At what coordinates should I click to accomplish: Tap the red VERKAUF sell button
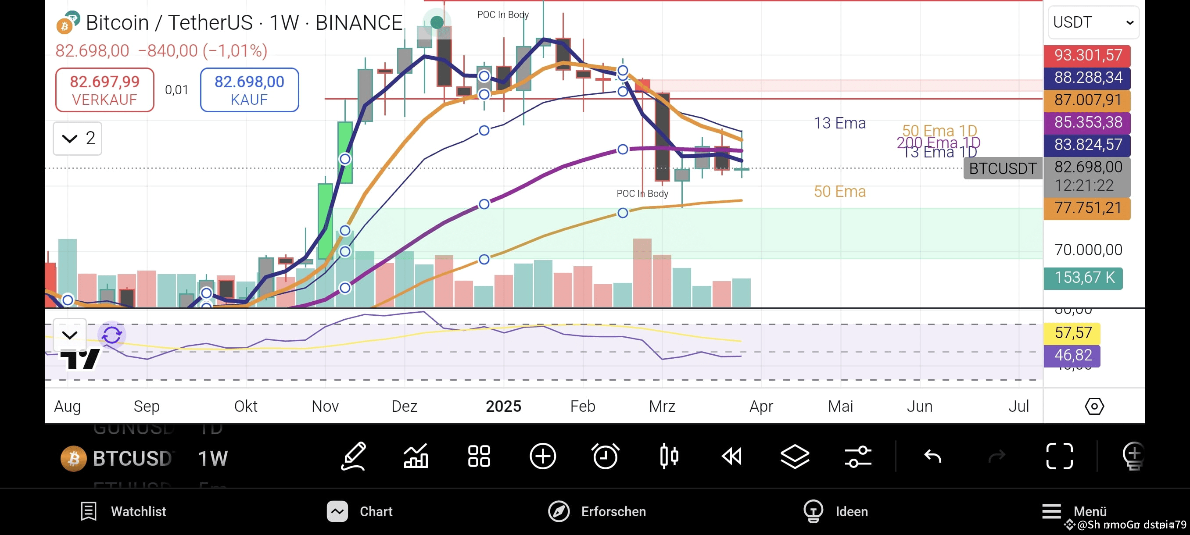[104, 89]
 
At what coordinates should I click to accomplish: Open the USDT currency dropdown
[1093, 22]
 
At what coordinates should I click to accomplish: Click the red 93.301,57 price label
[1087, 55]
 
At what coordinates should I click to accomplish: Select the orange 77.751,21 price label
[1087, 208]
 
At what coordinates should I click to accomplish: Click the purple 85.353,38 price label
[1087, 122]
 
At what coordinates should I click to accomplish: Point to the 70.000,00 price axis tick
[1088, 250]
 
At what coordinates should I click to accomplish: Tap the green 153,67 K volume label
[1083, 278]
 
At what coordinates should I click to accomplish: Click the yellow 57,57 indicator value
[1072, 333]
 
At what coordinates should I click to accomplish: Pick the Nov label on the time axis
[325, 406]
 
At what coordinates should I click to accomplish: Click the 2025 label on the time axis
[503, 406]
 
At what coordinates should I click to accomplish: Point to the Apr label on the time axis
[761, 406]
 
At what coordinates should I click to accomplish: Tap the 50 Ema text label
[839, 192]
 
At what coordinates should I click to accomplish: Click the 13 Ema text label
[839, 123]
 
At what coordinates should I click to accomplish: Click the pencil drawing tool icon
[353, 457]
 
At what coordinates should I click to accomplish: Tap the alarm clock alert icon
[605, 457]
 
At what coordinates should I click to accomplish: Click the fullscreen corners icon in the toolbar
[1059, 457]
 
